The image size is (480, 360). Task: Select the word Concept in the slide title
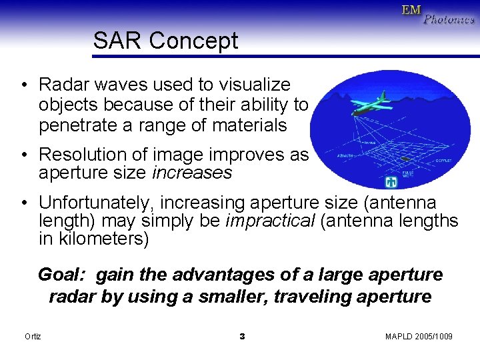(x=193, y=41)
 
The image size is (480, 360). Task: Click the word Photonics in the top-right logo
(x=450, y=20)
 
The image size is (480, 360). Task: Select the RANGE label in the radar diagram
(x=371, y=143)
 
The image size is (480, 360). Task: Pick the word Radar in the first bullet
(x=61, y=85)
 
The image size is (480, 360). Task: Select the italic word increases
(x=192, y=173)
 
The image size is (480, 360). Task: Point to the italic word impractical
(x=271, y=221)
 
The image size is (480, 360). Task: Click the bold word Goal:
(x=63, y=275)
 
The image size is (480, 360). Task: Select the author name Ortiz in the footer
(x=33, y=337)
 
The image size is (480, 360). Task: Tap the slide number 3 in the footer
(x=242, y=337)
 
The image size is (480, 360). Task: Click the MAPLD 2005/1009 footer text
(x=419, y=337)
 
